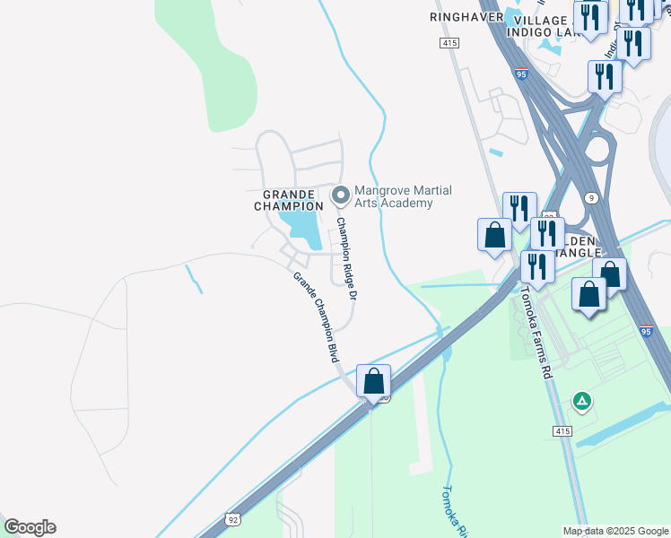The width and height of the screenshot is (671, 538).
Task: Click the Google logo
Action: [30, 527]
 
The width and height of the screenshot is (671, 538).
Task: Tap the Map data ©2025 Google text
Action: [614, 531]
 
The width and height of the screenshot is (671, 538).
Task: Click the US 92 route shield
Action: [232, 518]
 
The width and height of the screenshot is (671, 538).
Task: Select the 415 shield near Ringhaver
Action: [450, 43]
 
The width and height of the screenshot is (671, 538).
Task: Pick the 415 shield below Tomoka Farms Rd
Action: [562, 431]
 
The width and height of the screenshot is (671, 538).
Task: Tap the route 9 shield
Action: [590, 197]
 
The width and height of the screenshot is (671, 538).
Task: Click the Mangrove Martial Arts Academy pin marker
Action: [340, 195]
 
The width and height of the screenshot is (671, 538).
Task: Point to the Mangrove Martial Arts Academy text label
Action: [403, 196]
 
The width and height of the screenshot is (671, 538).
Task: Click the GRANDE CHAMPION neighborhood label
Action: [288, 200]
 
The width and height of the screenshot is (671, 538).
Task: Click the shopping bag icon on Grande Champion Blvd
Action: [373, 379]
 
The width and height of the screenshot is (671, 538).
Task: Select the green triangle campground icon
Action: [582, 401]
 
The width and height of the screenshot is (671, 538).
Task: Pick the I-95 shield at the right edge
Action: [647, 332]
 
